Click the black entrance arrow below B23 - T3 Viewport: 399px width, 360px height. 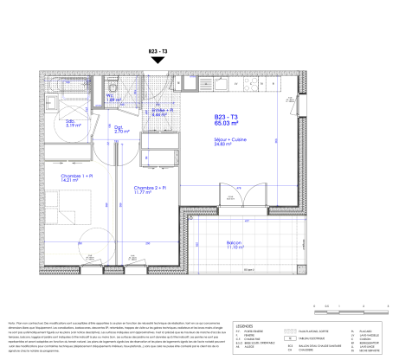click(x=158, y=62)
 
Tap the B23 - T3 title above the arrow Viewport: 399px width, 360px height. click(x=158, y=51)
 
